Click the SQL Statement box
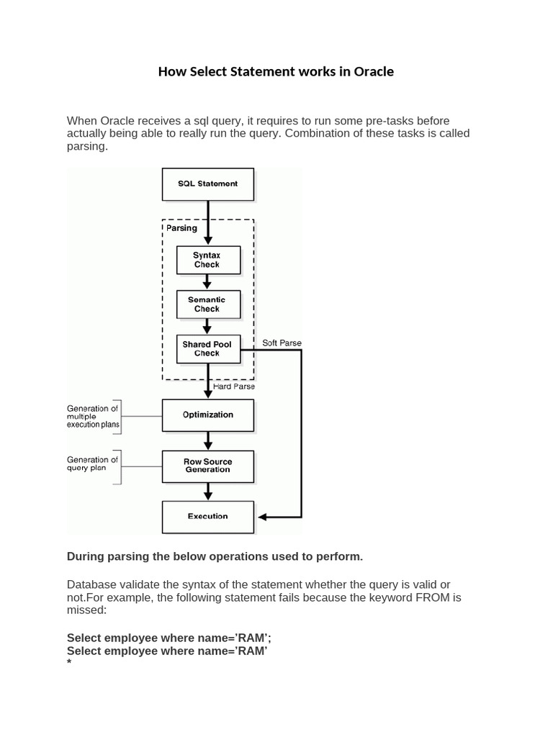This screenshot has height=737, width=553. coord(207,184)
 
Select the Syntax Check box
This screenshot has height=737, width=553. coord(207,260)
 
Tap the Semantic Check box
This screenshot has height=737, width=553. coord(207,304)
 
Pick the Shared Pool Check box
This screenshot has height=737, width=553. coord(207,349)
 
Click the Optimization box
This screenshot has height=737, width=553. coord(207,415)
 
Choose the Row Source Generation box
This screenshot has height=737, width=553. coord(207,466)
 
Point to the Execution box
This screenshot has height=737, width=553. coord(207,516)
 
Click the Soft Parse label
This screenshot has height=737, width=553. coord(282,342)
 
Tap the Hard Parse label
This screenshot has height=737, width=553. coord(234,386)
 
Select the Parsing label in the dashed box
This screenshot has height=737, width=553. coord(181,228)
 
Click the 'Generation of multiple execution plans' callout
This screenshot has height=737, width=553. coord(92,417)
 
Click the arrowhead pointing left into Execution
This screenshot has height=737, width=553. coord(262,517)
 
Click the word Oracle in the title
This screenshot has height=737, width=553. coord(372,72)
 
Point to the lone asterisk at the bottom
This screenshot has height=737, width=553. coord(69,664)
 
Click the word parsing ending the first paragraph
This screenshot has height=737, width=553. coord(87,146)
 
